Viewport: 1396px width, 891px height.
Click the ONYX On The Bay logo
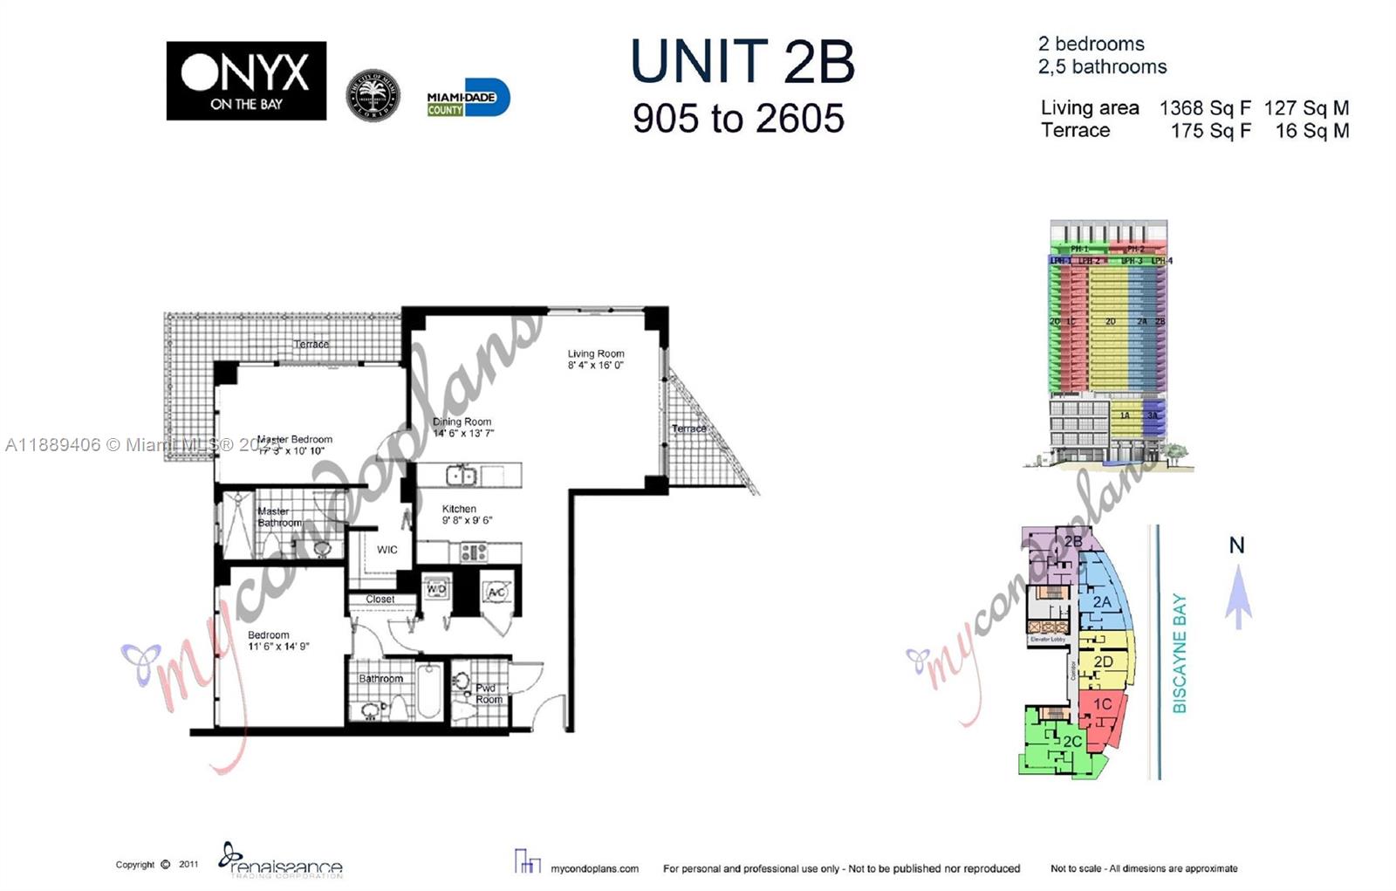point(246,80)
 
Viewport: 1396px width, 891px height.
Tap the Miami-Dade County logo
point(468,99)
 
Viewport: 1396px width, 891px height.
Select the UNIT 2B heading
point(742,62)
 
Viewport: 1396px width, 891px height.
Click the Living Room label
point(596,353)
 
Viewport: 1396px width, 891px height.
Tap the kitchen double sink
point(460,476)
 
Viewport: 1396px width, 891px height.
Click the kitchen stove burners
point(474,552)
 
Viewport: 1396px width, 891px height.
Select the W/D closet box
point(435,590)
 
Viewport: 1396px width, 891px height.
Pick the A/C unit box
point(496,593)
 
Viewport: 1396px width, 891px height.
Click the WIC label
point(387,550)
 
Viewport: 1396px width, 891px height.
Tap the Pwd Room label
point(488,694)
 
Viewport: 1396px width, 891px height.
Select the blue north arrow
point(1238,598)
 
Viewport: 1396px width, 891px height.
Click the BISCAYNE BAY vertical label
point(1180,654)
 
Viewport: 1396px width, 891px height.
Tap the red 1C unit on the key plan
point(1101,709)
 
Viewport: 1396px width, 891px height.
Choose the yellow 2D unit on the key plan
point(1105,663)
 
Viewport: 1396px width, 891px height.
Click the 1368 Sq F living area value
point(1204,108)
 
